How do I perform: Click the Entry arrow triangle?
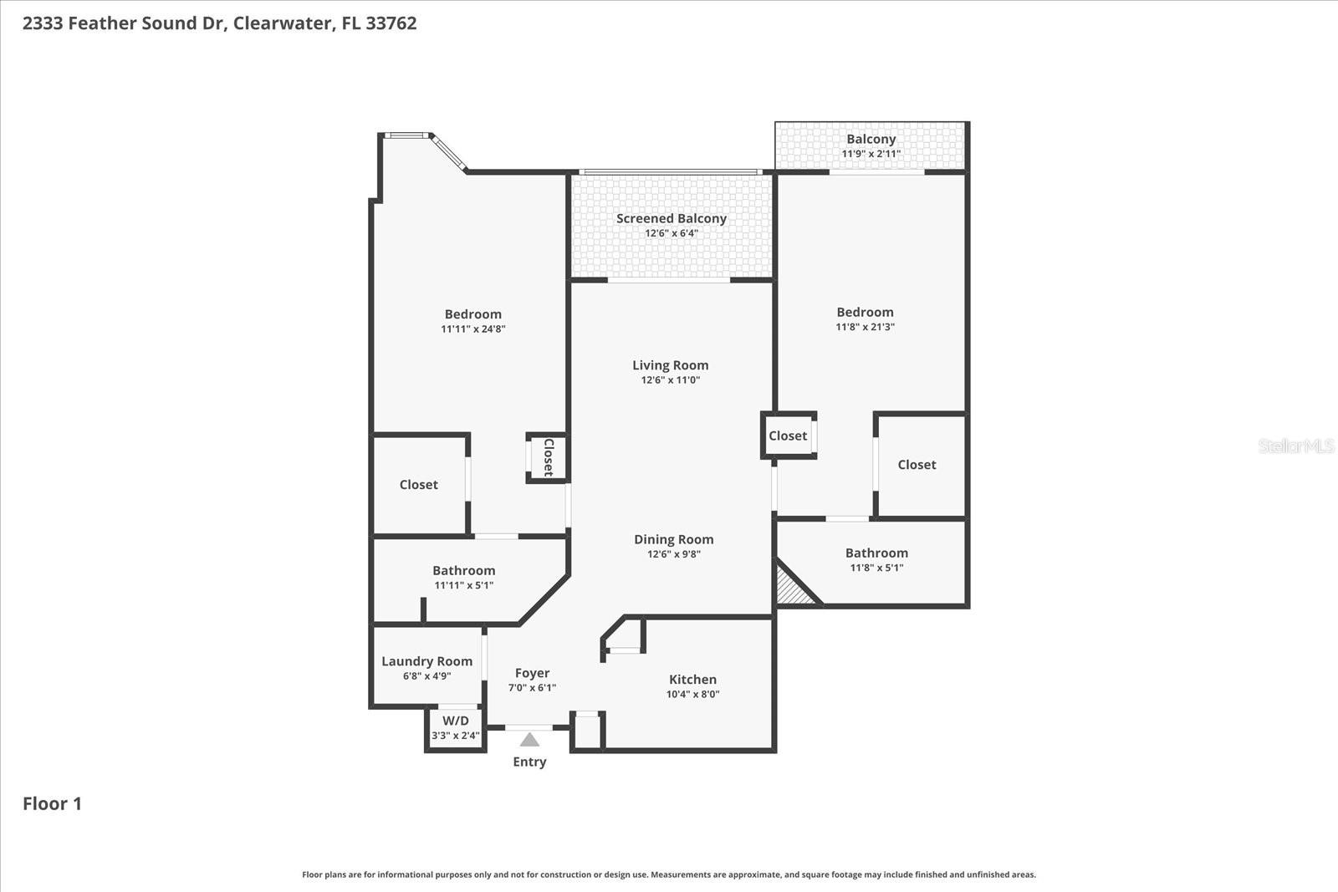tap(529, 740)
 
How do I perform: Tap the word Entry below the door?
tap(529, 762)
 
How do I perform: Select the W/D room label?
tap(456, 721)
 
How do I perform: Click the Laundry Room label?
tap(426, 661)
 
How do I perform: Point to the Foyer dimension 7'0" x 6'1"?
tap(532, 688)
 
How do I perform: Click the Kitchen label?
tap(692, 680)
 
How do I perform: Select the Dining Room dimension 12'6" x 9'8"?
tap(673, 554)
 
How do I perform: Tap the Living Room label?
tap(670, 365)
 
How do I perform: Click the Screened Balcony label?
tap(671, 218)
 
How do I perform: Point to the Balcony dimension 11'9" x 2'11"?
tap(871, 154)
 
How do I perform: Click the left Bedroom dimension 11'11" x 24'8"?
tap(472, 329)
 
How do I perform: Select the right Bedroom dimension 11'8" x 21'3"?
tap(865, 327)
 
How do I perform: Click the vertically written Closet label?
tap(549, 457)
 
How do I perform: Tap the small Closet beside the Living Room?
tap(788, 436)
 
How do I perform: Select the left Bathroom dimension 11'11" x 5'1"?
tap(463, 585)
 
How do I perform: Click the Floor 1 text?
tap(52, 803)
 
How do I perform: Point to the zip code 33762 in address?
tap(391, 23)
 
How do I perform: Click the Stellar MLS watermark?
tap(1295, 446)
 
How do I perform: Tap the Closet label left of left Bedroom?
tap(418, 485)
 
